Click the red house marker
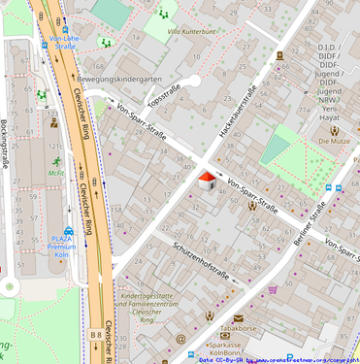pyautogui.click(x=207, y=180)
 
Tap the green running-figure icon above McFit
pyautogui.click(x=56, y=161)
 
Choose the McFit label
pyautogui.click(x=55, y=175)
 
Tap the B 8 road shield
pyautogui.click(x=96, y=335)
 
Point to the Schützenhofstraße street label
pyautogui.click(x=201, y=260)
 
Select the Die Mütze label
pyautogui.click(x=334, y=141)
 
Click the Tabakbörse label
pyautogui.click(x=237, y=329)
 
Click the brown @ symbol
pyautogui.click(x=180, y=337)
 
